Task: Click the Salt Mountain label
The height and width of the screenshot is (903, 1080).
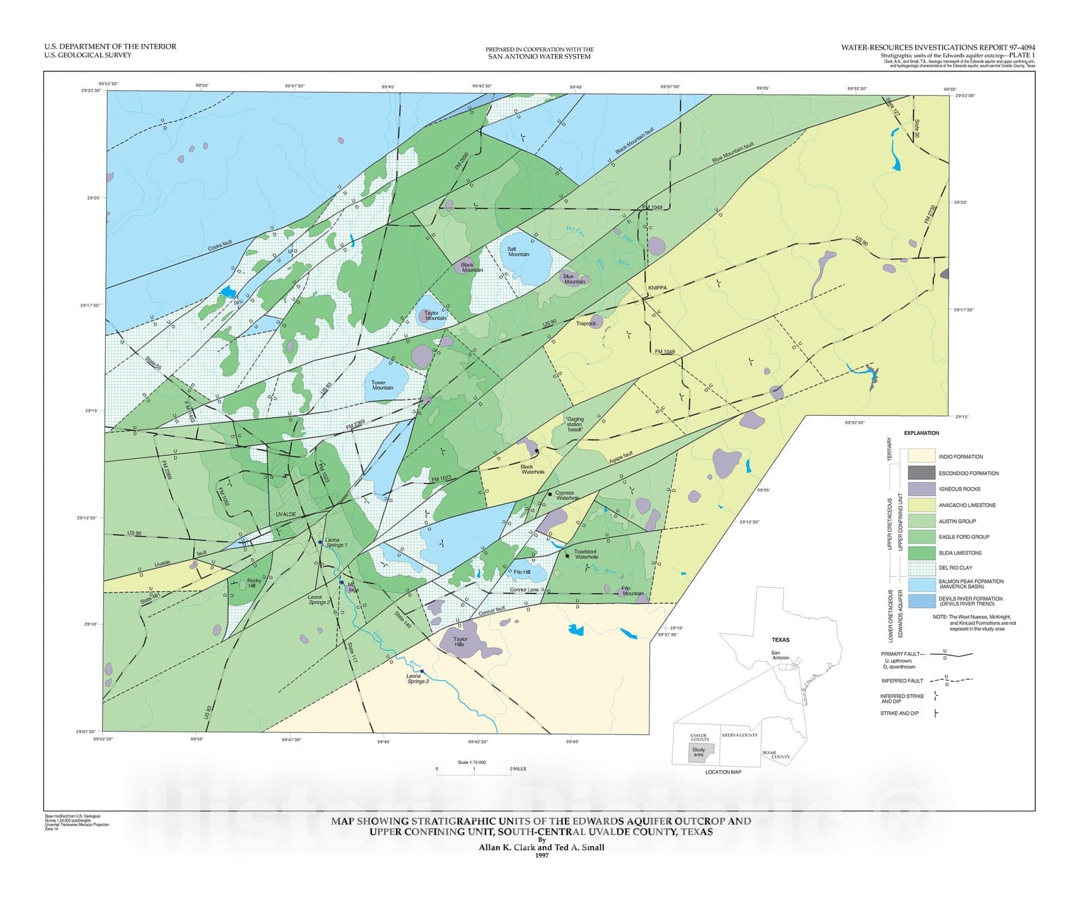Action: [518, 251]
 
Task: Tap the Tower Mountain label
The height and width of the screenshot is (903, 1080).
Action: [383, 385]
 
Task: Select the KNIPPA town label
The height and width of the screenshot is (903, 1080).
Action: [657, 288]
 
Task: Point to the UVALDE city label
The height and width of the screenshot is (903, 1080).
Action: [286, 514]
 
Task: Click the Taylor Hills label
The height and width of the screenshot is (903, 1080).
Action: [460, 642]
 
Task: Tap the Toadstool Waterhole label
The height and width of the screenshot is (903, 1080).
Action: [586, 554]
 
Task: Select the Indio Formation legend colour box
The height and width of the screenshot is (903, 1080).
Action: [921, 456]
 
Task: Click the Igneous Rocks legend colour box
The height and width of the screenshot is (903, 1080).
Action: [921, 489]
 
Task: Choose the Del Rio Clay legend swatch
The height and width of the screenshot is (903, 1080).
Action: [921, 568]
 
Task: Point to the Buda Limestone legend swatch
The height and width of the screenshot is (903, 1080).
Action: [921, 553]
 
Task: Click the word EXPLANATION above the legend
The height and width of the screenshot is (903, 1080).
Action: [921, 433]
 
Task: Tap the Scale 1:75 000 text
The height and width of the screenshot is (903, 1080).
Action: [472, 762]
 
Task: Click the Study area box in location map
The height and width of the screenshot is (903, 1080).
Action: [699, 752]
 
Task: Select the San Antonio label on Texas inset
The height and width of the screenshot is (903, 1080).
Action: [780, 655]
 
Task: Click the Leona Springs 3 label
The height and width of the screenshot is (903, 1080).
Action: [417, 679]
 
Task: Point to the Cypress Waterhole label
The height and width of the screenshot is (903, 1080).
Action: [564, 495]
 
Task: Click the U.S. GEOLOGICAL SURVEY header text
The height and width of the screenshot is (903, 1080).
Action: [88, 55]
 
